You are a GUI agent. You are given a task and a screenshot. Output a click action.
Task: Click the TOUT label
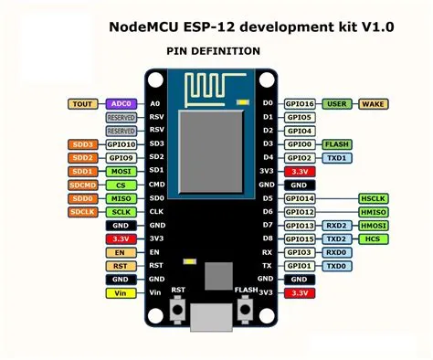82,104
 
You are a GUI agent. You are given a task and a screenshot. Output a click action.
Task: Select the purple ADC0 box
120,104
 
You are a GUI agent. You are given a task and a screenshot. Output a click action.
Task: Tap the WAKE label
375,104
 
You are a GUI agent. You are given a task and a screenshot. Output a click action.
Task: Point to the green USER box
337,104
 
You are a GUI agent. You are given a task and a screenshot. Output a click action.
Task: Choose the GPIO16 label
300,104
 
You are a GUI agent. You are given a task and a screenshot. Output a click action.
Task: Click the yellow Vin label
120,292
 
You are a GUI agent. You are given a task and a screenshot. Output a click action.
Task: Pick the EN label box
120,252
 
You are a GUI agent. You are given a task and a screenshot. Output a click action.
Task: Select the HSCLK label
375,198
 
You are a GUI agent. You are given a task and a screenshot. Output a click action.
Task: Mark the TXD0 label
337,266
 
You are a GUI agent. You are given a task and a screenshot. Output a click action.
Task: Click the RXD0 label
337,252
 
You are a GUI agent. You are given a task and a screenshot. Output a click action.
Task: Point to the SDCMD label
82,185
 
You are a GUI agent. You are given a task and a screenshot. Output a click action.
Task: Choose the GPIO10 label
120,144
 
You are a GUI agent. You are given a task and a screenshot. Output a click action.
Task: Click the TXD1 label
337,158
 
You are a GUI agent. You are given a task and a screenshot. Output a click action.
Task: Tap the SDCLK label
82,212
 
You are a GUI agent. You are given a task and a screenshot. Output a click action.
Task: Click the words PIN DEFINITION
213,51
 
